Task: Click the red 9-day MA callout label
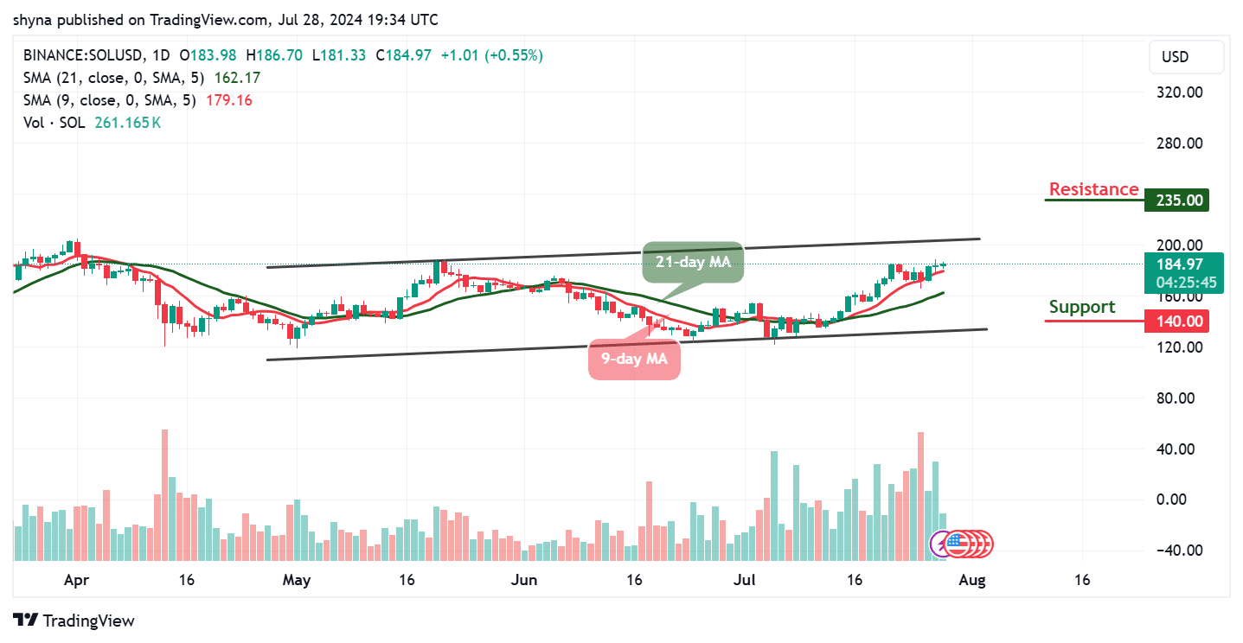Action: coord(634,359)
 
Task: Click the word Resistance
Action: coord(1093,189)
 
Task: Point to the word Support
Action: coord(1082,307)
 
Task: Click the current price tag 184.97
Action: coord(1179,264)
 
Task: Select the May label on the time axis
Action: coord(296,580)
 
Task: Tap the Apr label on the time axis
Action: coord(78,580)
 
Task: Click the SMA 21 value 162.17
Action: coord(233,78)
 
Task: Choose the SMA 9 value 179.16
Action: coord(228,100)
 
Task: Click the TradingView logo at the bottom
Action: coord(75,621)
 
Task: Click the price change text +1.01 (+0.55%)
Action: coord(491,55)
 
